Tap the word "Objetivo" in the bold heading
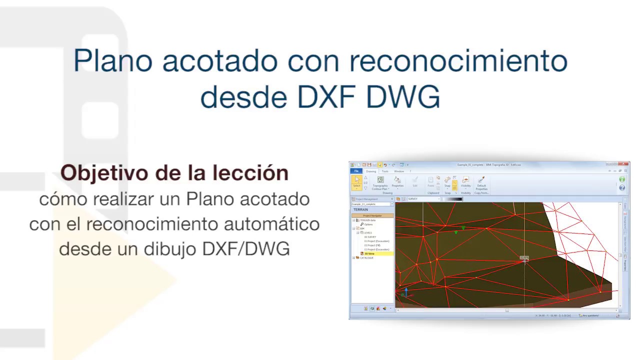pyautogui.click(x=104, y=172)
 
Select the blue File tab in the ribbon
pyautogui.click(x=356, y=171)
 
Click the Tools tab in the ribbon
pyautogui.click(x=384, y=171)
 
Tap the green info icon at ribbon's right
pyautogui.click(x=622, y=179)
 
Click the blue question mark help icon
pyautogui.click(x=622, y=188)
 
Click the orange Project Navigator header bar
pyautogui.click(x=372, y=215)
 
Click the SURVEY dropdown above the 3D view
pyautogui.click(x=423, y=199)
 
